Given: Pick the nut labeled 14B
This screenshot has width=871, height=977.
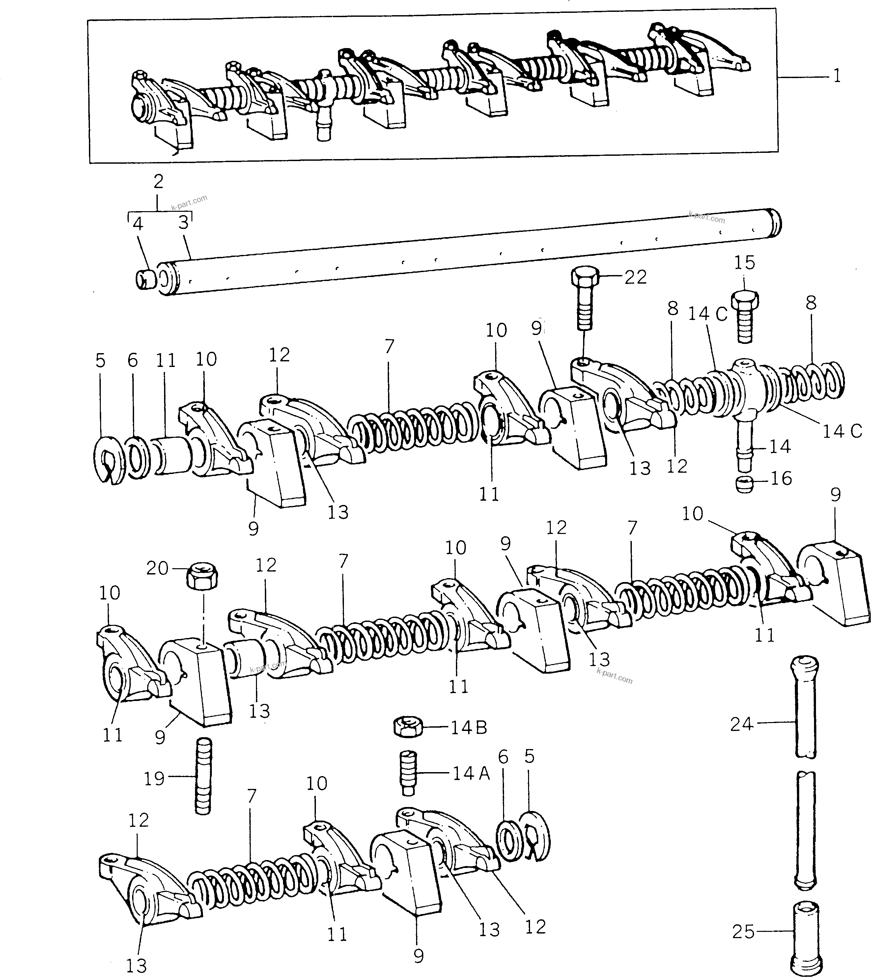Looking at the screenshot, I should (407, 728).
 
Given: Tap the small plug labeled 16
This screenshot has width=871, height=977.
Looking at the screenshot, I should (744, 485).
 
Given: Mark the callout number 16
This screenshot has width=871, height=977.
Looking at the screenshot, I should (781, 478).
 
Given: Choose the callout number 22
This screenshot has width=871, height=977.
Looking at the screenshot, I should (635, 277).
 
